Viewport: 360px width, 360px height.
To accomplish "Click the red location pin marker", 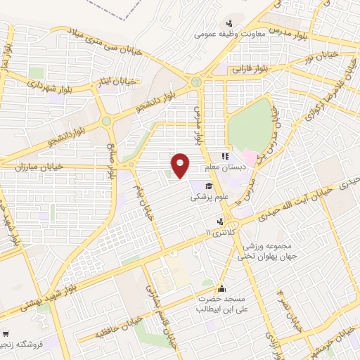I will [x=181, y=165].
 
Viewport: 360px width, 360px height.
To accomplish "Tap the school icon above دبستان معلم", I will [x=224, y=157].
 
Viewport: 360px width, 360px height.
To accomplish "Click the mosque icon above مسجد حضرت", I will [x=222, y=288].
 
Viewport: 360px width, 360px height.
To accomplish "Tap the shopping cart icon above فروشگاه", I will [x=5, y=333].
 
